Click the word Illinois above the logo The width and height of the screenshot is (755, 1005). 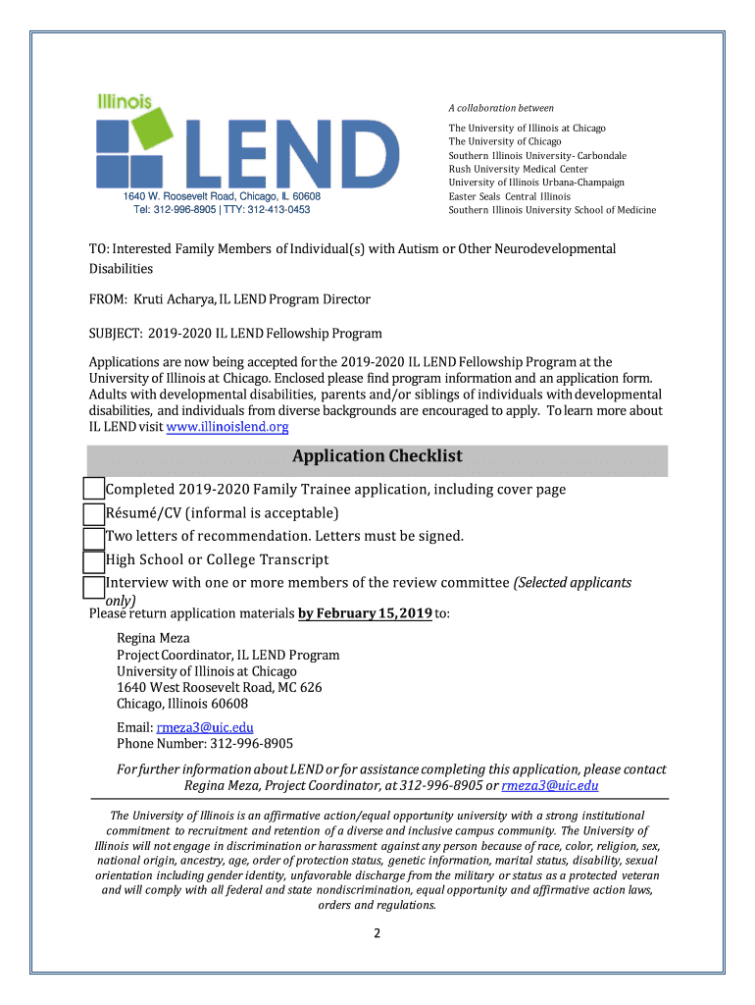click(124, 100)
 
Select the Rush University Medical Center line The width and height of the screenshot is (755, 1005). click(518, 169)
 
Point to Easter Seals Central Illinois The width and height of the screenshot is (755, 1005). click(509, 196)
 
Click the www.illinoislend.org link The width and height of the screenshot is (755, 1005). click(227, 427)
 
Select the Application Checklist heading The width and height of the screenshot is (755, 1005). click(377, 456)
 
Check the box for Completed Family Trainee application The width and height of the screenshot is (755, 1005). click(93, 490)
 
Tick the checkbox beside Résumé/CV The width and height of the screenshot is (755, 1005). click(93, 513)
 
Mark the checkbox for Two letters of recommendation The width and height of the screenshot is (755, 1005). click(93, 537)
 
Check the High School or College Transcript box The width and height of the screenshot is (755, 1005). click(93, 560)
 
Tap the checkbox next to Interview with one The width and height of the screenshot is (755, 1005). click(93, 586)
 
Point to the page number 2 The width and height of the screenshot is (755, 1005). click(376, 933)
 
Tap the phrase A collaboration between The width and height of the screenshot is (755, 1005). click(501, 108)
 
